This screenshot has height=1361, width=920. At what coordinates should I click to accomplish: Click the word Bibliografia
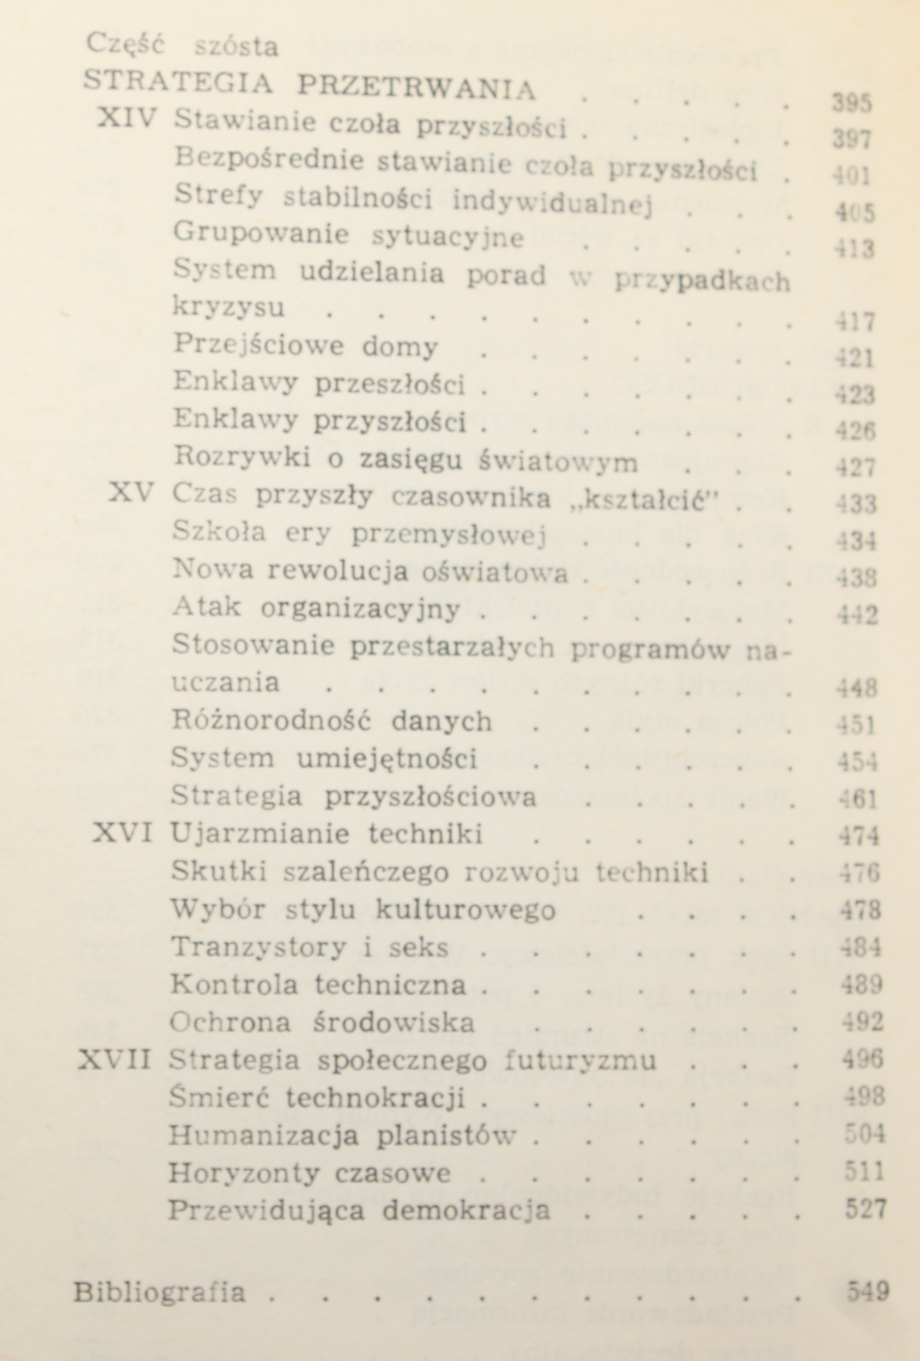pyautogui.click(x=160, y=1291)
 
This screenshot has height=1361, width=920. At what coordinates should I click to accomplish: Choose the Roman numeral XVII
pyautogui.click(x=116, y=1060)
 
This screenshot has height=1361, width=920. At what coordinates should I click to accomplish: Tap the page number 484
pyautogui.click(x=860, y=948)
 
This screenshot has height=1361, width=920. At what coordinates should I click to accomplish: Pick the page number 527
pyautogui.click(x=864, y=1210)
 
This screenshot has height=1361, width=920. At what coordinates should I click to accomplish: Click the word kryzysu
pyautogui.click(x=229, y=308)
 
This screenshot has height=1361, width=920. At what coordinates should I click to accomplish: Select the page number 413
pyautogui.click(x=853, y=248)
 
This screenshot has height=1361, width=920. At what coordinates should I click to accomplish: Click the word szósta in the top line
pyautogui.click(x=237, y=47)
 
